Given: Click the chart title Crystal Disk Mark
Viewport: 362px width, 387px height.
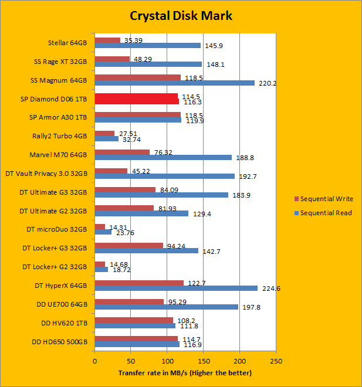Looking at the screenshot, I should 181,16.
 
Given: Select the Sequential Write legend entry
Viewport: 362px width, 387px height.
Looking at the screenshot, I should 326,199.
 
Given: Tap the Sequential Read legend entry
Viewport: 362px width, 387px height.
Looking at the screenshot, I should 326,213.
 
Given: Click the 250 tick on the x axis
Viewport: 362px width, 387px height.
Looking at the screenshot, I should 276,361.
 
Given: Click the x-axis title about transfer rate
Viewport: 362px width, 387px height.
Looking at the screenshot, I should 185,373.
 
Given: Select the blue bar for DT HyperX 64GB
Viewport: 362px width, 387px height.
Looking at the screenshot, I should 176,288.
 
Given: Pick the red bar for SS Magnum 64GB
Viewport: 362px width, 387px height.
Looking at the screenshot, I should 137,77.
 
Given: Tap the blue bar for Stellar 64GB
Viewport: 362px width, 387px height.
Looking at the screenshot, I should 147,45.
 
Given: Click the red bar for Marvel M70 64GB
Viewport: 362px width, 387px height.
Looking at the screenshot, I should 122,152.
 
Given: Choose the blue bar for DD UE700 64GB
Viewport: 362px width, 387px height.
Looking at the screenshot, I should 166,307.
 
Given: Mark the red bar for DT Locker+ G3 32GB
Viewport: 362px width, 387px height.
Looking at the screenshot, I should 128,246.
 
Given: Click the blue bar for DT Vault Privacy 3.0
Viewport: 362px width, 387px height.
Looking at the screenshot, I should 164,176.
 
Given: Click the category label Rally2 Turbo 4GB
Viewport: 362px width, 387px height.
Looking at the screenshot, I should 62,136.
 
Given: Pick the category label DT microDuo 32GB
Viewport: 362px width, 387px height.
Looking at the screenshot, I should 57,229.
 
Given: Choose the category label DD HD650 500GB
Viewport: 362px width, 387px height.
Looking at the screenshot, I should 57,341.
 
